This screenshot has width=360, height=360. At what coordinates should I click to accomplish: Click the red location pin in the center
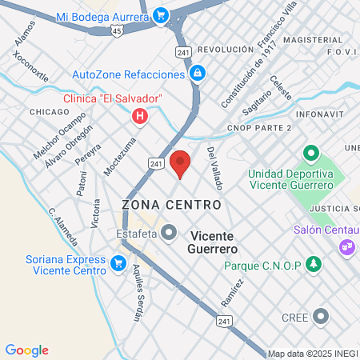[181, 162]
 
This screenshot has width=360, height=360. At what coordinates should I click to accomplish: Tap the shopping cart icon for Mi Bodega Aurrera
[161, 15]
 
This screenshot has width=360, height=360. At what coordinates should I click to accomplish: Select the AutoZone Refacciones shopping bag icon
[197, 74]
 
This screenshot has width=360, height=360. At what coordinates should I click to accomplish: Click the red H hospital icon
[141, 117]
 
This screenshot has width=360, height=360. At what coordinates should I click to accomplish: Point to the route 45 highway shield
[118, 30]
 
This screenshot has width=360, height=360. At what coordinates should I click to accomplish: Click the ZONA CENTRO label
[171, 205]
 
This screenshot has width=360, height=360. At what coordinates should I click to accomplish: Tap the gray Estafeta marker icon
[169, 233]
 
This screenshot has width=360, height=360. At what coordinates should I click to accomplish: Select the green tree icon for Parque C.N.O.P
[314, 264]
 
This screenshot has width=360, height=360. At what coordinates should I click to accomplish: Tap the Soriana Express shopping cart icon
[118, 262]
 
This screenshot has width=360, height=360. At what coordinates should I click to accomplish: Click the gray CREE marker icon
[321, 317]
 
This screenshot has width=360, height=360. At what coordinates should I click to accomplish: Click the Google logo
[26, 350]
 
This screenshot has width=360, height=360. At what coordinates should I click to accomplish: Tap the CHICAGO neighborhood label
[50, 112]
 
